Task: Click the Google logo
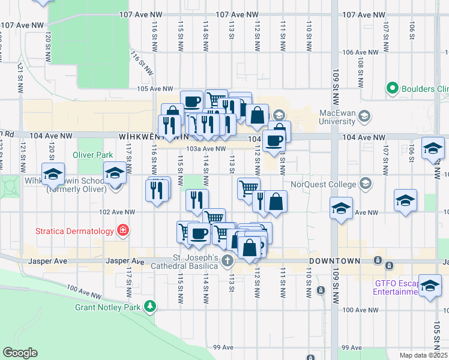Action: pos(20,353)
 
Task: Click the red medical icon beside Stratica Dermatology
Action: pos(123,230)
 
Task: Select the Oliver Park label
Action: pos(92,155)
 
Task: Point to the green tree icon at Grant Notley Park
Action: pos(149,307)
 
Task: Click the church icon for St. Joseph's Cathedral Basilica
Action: pos(227,260)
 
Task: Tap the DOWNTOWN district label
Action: pos(334,262)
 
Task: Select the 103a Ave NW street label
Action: pos(206,149)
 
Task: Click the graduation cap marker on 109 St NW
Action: pos(341,209)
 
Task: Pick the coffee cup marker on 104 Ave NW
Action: pos(274,140)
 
